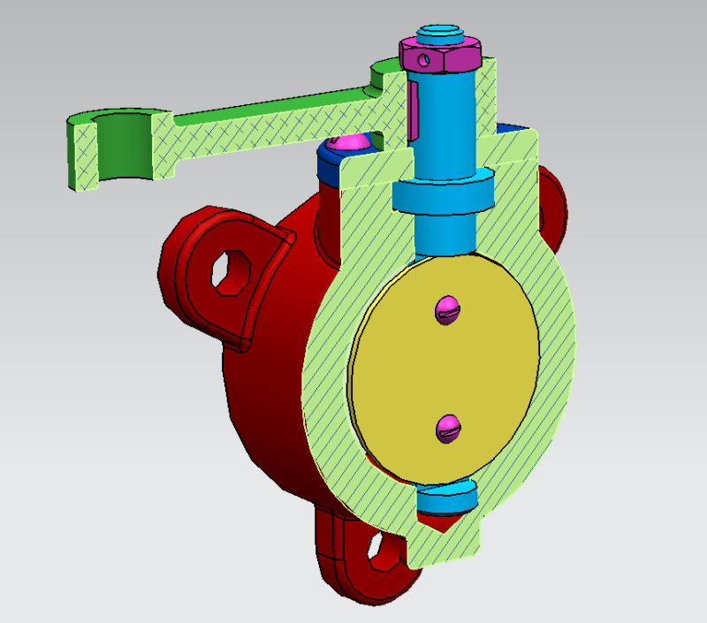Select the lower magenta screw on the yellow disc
[449, 429]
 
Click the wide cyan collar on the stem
[443, 195]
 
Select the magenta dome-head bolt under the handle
[348, 141]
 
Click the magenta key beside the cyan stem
[412, 110]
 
